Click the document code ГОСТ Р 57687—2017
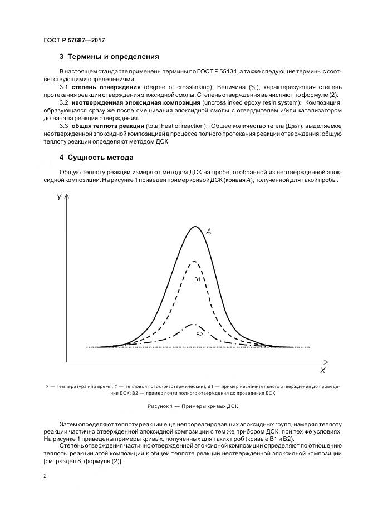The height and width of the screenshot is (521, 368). [74, 41]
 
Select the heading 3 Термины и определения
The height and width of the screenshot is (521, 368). [109, 57]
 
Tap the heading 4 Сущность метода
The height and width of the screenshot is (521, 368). [96, 158]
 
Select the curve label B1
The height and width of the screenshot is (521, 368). [197, 279]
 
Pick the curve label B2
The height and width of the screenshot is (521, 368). [199, 334]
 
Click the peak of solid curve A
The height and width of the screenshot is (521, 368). [195, 227]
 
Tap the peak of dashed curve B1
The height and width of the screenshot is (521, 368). [194, 262]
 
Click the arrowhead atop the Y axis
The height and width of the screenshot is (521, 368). [67, 196]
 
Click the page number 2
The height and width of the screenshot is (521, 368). [45, 476]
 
